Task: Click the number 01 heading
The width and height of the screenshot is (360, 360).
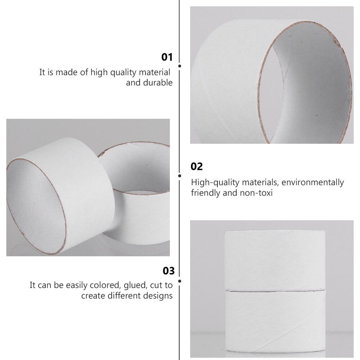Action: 167,57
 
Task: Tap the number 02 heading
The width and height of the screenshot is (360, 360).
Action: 197,166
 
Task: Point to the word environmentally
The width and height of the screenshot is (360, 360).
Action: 313,183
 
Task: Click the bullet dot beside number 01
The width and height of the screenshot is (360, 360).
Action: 180,66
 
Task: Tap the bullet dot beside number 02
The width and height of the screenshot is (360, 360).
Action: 180,175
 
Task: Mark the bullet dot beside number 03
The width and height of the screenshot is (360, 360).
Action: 180,280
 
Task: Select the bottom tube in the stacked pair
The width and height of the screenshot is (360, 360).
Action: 275,320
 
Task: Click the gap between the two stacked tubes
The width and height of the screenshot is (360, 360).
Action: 275,289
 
